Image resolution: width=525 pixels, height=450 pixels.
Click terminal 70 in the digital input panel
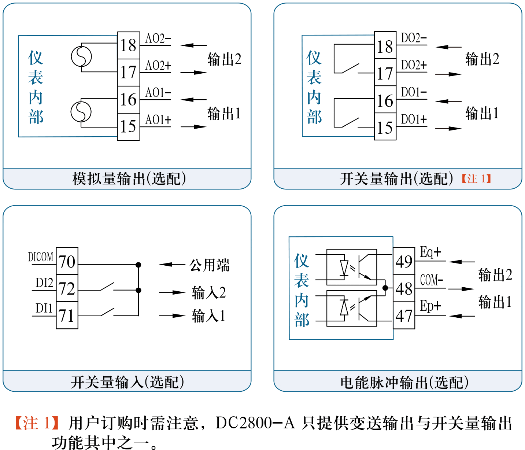(x=67, y=262)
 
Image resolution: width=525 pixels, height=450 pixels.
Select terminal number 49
(x=404, y=262)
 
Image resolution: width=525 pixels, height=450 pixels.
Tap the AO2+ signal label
(x=158, y=66)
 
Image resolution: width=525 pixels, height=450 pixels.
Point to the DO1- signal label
(x=414, y=92)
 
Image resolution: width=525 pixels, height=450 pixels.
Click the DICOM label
(x=41, y=257)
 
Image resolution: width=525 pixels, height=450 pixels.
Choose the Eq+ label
(x=430, y=252)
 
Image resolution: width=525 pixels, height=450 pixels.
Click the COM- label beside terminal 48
(x=432, y=280)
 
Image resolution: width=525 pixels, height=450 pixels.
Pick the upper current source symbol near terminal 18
(x=81, y=57)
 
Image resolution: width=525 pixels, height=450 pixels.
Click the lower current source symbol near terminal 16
(x=81, y=112)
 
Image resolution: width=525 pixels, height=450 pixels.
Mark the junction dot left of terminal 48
(x=385, y=288)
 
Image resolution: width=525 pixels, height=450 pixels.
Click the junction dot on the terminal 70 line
(x=138, y=265)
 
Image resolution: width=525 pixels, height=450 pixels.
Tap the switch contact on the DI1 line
(x=107, y=312)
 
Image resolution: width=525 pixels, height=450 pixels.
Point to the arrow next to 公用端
(x=171, y=265)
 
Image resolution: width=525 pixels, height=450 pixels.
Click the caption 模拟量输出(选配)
(x=129, y=179)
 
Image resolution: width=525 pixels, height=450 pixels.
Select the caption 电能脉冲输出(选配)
(x=404, y=383)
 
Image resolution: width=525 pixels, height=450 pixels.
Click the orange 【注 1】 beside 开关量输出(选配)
(x=476, y=179)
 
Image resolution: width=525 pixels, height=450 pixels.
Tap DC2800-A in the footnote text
(x=255, y=423)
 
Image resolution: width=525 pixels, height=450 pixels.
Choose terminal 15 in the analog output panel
(x=128, y=127)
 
